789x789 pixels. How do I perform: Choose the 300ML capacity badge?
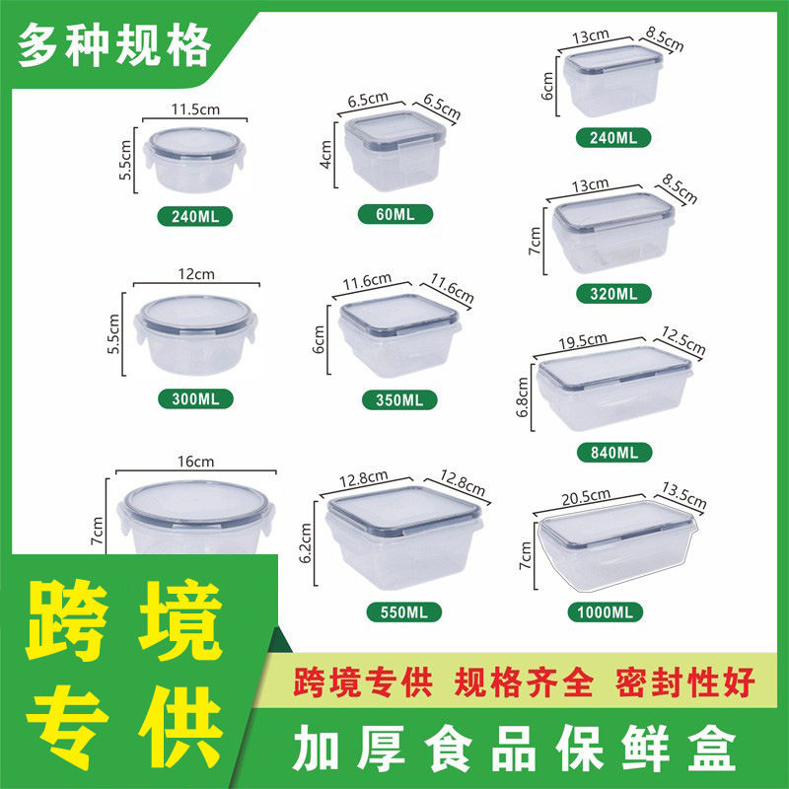click(195, 398)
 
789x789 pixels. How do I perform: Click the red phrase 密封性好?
click(683, 681)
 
